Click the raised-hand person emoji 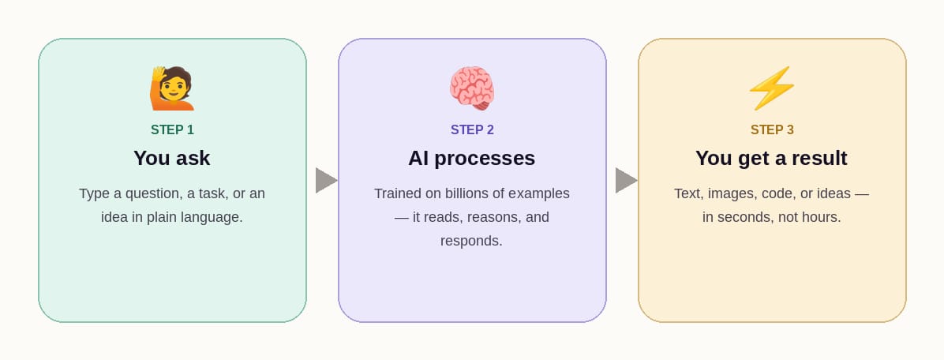coord(172,88)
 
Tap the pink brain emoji coord(472,88)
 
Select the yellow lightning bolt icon coord(772,88)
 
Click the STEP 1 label coord(172,130)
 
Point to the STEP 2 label coord(472,130)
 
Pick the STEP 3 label coord(772,130)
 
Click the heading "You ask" coord(172,158)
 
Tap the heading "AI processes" coord(472,158)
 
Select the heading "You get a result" coord(771,158)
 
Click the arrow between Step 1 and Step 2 coord(325,180)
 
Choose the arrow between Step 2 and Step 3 coord(625,180)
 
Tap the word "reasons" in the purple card coord(493,217)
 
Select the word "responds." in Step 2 coord(471,241)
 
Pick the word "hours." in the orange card coord(821,217)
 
